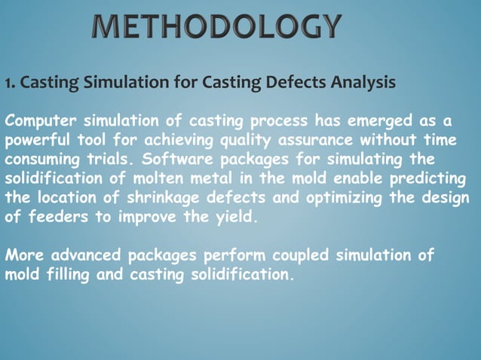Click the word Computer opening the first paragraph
[38, 121]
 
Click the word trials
[110, 160]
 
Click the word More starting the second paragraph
[22, 255]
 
